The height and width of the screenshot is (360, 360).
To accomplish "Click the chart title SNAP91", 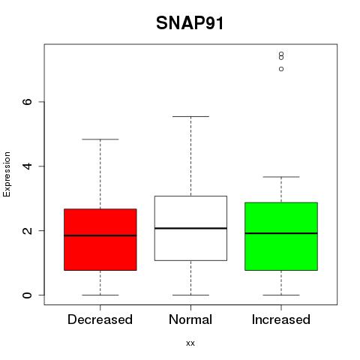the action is pos(190,23).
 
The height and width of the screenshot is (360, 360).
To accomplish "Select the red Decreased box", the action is pos(100,239).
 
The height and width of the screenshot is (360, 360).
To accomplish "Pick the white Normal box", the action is pos(190,228).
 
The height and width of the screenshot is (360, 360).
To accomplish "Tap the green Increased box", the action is pos(281,236).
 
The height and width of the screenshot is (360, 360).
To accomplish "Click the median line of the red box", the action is pos(100,235).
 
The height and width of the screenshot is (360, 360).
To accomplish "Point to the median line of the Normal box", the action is pos(190,228).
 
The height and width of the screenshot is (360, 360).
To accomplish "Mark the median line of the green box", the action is pos(281,233).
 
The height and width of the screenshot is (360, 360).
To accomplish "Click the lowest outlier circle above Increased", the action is pos(281,69).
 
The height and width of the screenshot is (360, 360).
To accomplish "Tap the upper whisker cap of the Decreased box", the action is pos(100,139).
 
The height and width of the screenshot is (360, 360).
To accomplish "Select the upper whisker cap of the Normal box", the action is pos(190,116).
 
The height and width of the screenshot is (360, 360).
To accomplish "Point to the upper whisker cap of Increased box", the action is pos(281,177).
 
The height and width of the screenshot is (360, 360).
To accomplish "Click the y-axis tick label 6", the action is pos(28,101).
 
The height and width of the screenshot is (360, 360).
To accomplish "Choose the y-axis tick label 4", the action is pos(28,166).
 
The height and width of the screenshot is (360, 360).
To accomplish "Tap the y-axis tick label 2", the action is pos(28,230).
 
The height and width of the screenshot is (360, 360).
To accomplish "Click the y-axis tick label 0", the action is pos(28,295).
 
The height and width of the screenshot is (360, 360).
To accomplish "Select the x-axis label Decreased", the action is pos(100,319).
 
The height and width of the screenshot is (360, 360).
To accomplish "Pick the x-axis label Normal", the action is pos(190,319).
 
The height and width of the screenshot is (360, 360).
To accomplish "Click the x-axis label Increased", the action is pos(281,319).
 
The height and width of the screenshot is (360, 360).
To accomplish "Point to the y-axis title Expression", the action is pos(7,174).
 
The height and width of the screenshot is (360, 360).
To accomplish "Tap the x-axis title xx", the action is pos(190,343).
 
